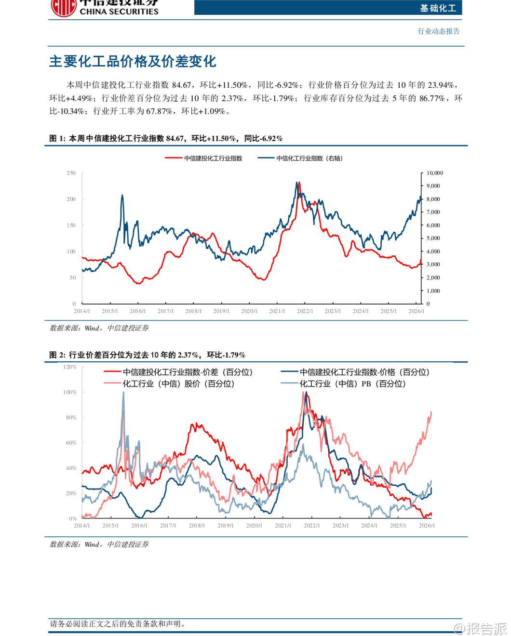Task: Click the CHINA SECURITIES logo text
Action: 119,11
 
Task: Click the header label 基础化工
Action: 437,8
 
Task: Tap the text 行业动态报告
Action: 439,31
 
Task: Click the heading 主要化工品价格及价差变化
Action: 133,62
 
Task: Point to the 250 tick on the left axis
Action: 71,173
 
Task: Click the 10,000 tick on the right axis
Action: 435,173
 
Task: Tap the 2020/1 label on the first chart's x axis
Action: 249,311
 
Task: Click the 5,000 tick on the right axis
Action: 433,238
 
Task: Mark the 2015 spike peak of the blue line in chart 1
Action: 122,195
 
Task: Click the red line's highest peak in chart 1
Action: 299,183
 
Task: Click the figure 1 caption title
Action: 166,139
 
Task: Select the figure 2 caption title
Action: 147,355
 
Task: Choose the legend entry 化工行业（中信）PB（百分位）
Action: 352,384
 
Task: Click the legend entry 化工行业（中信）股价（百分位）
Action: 178,384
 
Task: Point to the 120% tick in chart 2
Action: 70,367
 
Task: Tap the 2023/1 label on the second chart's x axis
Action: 340,526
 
